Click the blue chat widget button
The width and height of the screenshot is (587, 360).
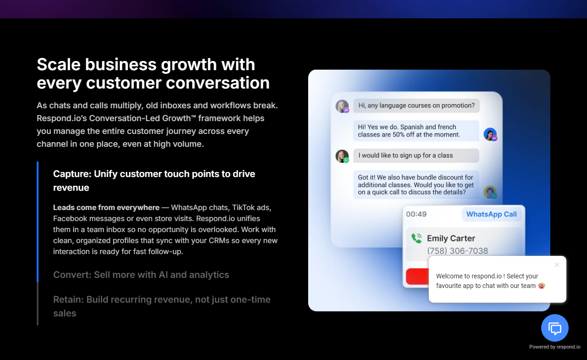click(x=555, y=328)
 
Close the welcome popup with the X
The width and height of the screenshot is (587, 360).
click(x=557, y=265)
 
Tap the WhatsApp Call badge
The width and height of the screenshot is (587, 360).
click(x=491, y=214)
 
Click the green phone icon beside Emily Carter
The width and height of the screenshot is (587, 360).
click(x=416, y=238)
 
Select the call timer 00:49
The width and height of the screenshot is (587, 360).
click(x=416, y=214)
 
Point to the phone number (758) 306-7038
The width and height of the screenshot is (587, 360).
click(x=457, y=251)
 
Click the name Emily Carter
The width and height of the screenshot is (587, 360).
click(x=451, y=238)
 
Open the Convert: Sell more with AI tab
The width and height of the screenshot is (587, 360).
click(x=141, y=275)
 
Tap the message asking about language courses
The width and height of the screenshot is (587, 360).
click(x=416, y=105)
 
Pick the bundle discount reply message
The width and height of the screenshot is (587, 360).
click(x=416, y=185)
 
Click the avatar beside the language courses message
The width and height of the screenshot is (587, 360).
click(x=342, y=106)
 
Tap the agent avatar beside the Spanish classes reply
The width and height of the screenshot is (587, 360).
click(x=490, y=134)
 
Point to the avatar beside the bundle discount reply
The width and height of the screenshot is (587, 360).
click(x=490, y=192)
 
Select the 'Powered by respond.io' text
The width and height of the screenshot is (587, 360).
click(x=554, y=347)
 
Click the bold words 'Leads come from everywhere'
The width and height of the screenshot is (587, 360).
click(x=106, y=207)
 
